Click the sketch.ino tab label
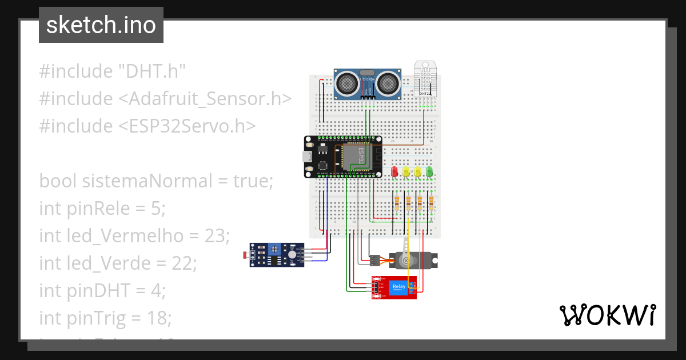coord(101,25)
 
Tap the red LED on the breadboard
coord(394,171)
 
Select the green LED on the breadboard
coord(429,171)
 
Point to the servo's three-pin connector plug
coord(375,260)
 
